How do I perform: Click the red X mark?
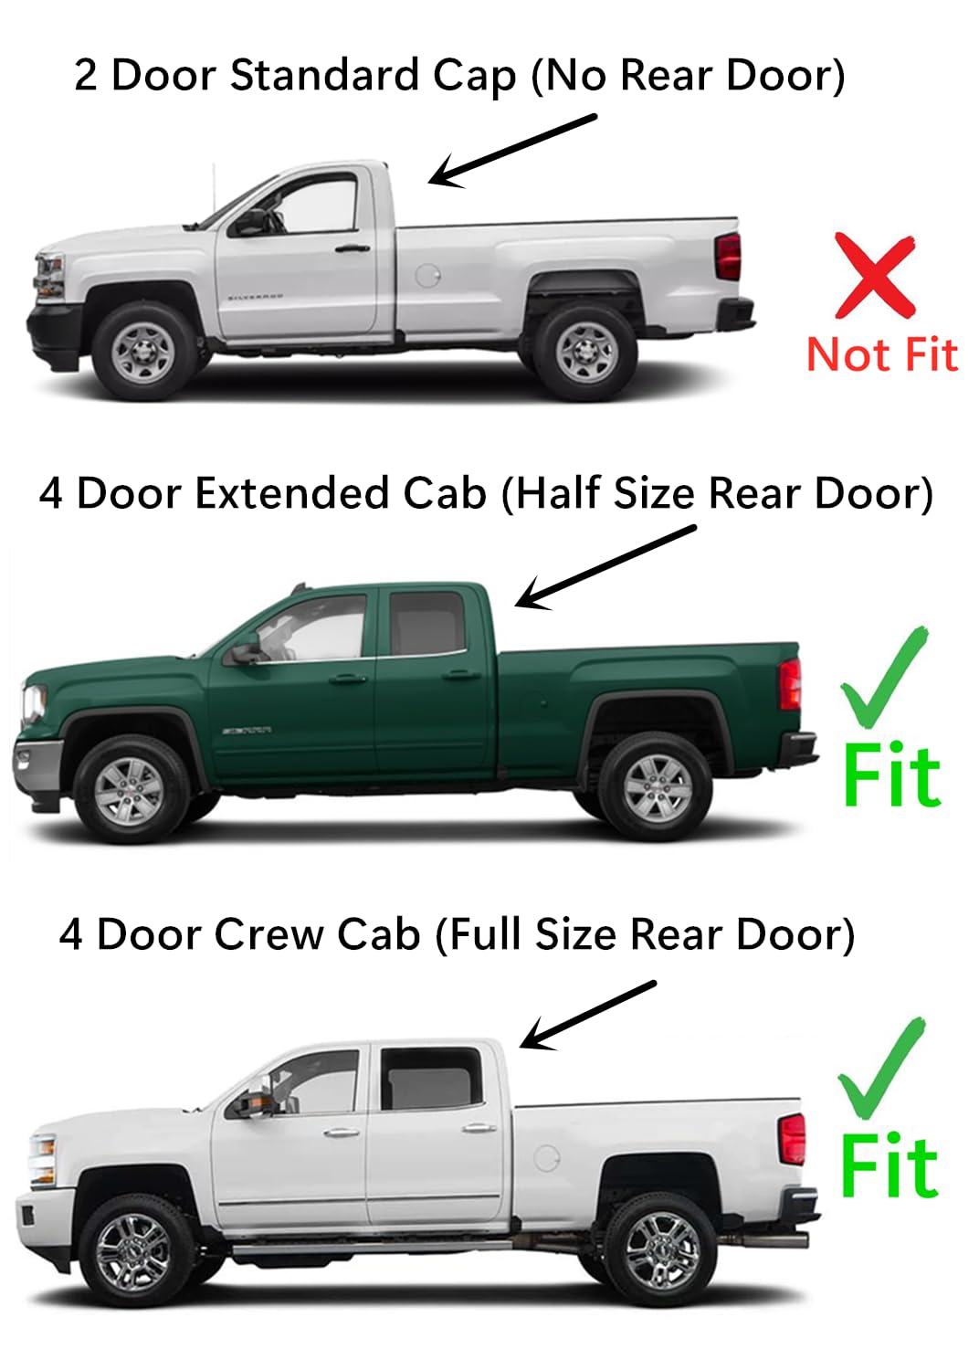pyautogui.click(x=874, y=275)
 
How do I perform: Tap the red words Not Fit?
pyautogui.click(x=882, y=354)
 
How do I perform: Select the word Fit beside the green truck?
pyautogui.click(x=890, y=776)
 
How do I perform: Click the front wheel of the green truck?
pyautogui.click(x=130, y=788)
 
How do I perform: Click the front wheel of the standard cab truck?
pyautogui.click(x=143, y=350)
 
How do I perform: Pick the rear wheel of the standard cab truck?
pyautogui.click(x=584, y=351)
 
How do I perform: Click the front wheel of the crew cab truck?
pyautogui.click(x=134, y=1250)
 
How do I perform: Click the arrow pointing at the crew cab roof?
pyautogui.click(x=587, y=1015)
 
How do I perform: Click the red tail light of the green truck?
pyautogui.click(x=790, y=683)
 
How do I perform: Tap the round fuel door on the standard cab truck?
pyautogui.click(x=427, y=274)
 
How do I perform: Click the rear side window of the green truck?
pyautogui.click(x=426, y=623)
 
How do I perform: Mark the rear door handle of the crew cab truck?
pyautogui.click(x=479, y=1129)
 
